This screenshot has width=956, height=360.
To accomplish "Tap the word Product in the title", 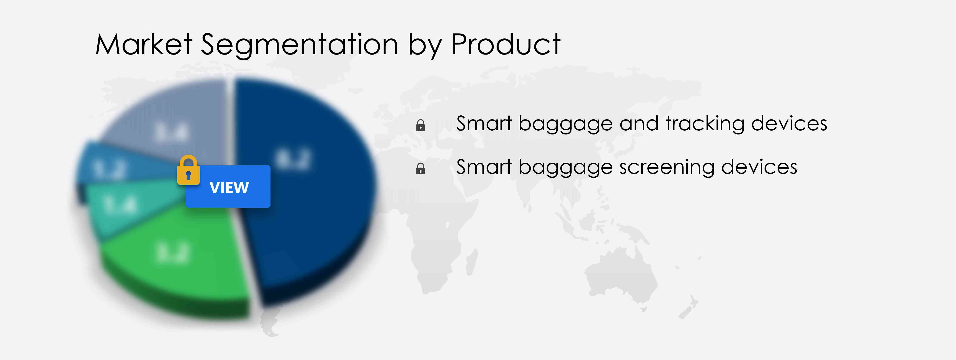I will click(x=505, y=45).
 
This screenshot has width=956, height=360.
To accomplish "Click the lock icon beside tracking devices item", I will click(x=421, y=125).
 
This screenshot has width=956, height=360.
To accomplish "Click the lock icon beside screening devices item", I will click(x=421, y=169).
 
